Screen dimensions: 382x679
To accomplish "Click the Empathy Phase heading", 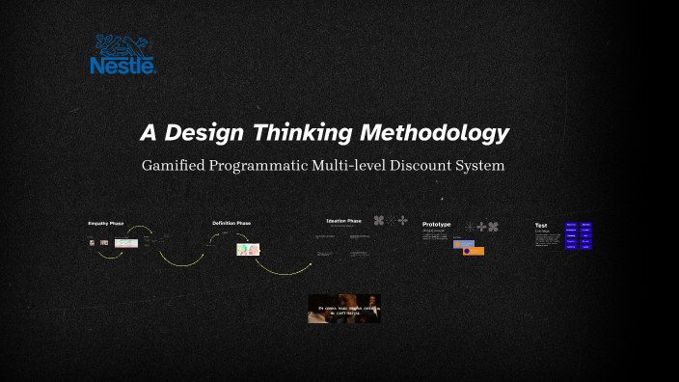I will [x=106, y=223].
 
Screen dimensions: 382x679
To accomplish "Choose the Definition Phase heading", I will [x=231, y=223].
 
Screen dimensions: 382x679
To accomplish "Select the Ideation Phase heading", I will [x=343, y=220].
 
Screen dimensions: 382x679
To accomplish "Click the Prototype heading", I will [x=436, y=224].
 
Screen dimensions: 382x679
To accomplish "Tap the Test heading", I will [x=541, y=225].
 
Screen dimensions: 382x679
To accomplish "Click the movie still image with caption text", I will [x=344, y=309].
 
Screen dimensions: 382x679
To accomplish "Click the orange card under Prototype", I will [x=473, y=251].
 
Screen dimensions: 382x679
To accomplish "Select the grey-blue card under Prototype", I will [x=464, y=244].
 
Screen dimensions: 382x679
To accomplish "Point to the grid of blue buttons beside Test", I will [x=579, y=236].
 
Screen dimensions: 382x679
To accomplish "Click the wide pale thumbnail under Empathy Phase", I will [x=125, y=243].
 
